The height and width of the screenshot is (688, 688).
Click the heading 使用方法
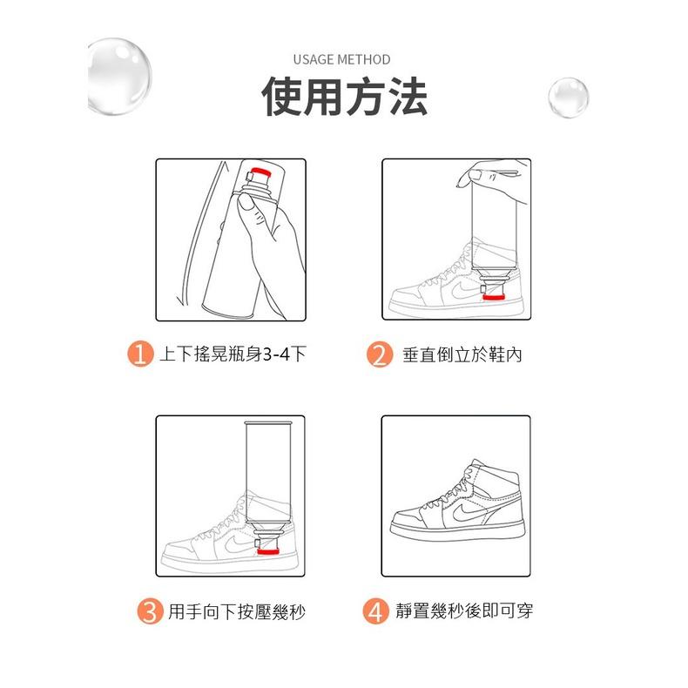[x=344, y=98]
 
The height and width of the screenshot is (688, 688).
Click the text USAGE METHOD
[x=341, y=60]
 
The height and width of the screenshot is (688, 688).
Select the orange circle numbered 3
[x=150, y=612]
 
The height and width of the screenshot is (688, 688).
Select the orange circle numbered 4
[x=375, y=612]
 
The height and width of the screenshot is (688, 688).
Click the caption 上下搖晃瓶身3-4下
[x=232, y=355]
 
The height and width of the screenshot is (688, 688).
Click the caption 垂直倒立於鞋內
[x=462, y=355]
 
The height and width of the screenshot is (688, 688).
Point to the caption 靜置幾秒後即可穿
[x=463, y=612]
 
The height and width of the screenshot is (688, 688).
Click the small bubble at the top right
[x=568, y=98]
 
